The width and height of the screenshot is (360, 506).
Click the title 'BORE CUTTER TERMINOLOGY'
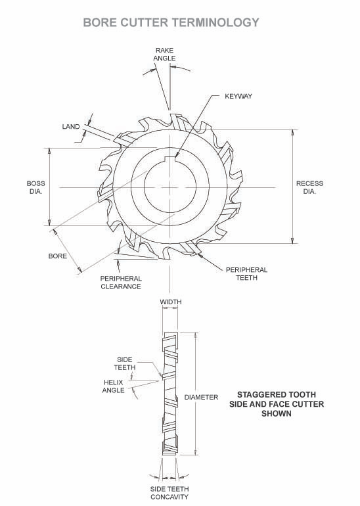[x=171, y=22]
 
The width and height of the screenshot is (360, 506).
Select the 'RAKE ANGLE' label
[x=164, y=54]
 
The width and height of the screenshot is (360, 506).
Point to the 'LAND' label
[x=71, y=126]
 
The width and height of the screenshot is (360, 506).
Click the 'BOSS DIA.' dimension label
[x=35, y=187]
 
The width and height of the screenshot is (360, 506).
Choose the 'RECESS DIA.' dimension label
[x=309, y=187]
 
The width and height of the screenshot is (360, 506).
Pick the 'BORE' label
[x=58, y=256]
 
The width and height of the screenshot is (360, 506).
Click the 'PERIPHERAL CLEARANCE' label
[x=121, y=283]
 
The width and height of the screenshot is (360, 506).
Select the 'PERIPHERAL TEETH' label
[x=246, y=273]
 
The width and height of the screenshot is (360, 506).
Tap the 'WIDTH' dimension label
[x=171, y=302]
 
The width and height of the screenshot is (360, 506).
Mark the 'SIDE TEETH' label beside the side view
[x=125, y=363]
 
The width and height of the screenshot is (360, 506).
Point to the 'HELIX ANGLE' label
[x=114, y=386]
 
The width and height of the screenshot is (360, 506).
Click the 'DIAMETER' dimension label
[x=201, y=398]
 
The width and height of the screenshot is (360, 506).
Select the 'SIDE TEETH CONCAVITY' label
[x=169, y=493]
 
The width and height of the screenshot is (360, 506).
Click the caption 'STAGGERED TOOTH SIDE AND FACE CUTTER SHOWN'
[x=276, y=404]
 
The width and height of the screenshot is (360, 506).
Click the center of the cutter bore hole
[x=170, y=187]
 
